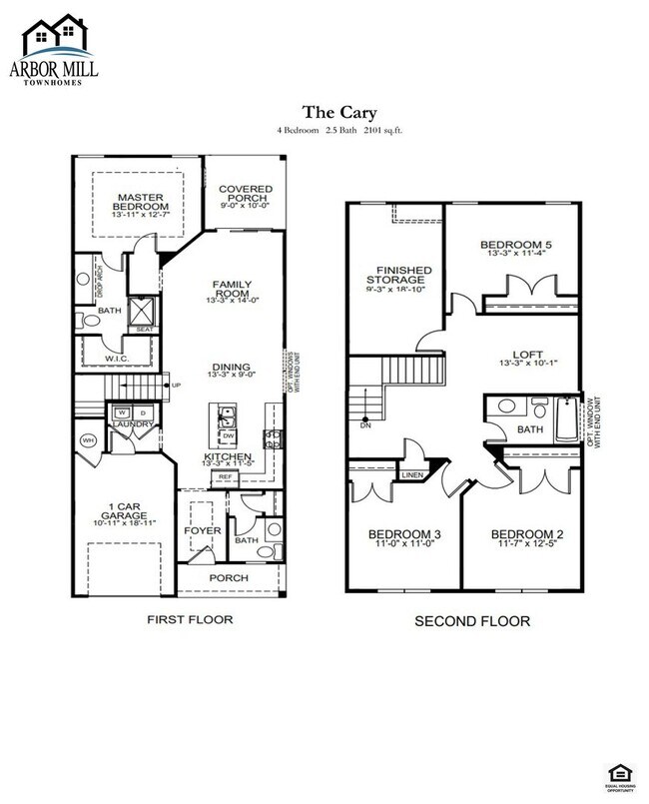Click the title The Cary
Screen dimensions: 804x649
click(325, 113)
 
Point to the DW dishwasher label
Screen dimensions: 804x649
click(228, 434)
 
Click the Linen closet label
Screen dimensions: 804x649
click(412, 473)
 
